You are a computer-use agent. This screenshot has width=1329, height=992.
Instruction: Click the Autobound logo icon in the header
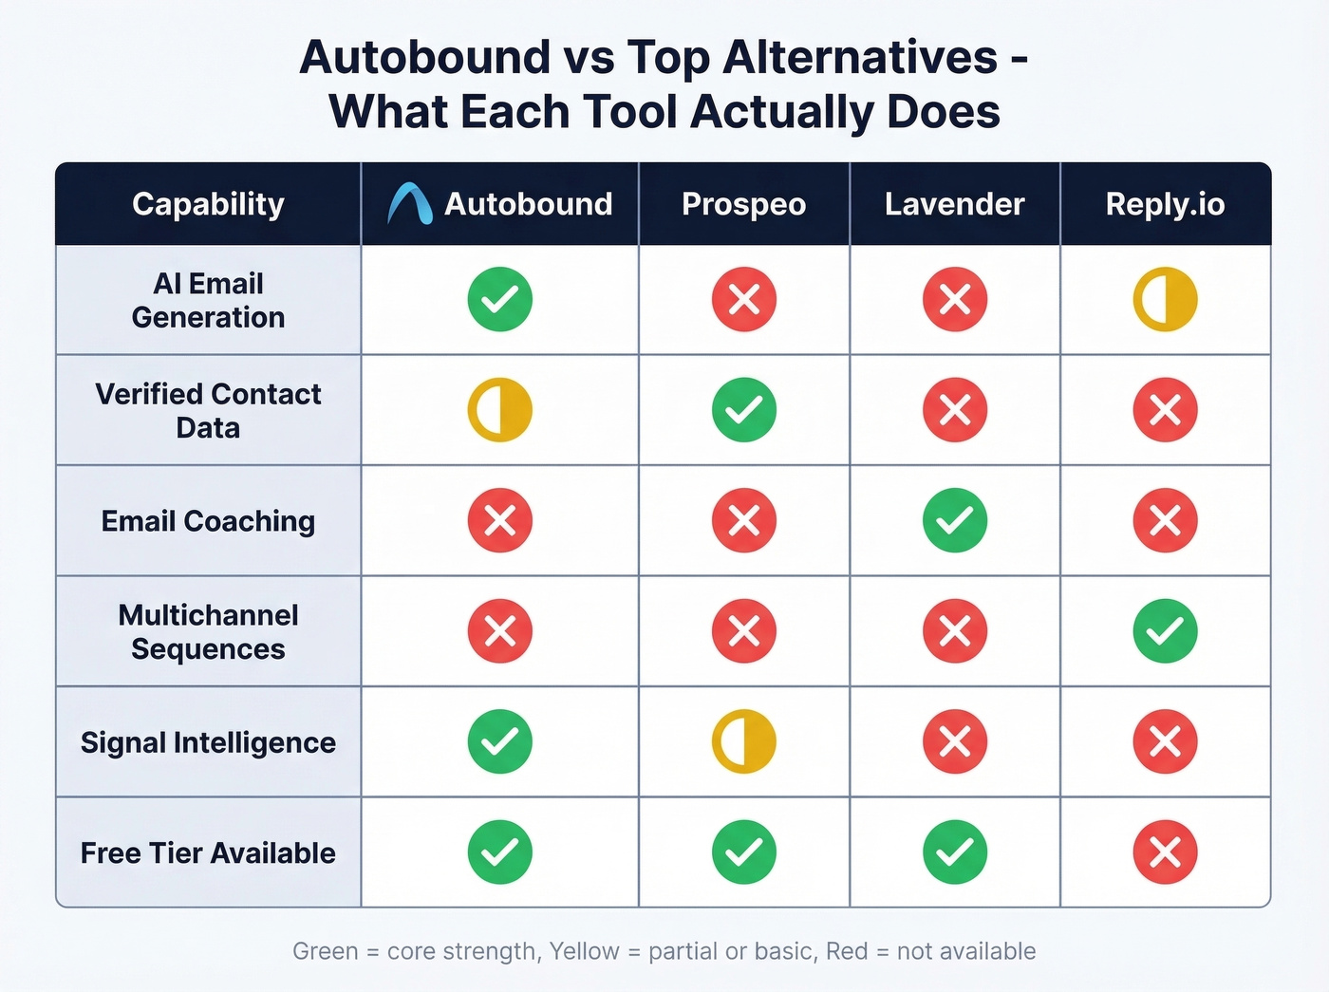pos(410,203)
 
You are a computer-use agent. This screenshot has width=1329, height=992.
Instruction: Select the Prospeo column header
pos(743,204)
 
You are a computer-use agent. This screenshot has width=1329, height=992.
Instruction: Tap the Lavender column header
pos(954,204)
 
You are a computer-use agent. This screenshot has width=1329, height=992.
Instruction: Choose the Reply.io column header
pos(1165,204)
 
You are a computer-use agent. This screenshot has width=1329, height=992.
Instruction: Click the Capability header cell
pos(208,204)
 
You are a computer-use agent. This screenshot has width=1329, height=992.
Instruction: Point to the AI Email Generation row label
pos(208,300)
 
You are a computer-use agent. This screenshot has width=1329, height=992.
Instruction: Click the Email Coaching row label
pos(208,521)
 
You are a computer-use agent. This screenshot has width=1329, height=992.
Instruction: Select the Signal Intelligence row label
pos(208,742)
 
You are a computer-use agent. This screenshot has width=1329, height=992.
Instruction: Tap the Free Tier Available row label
pos(208,853)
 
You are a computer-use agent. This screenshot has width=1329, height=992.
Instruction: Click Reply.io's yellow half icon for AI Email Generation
pos(1165,299)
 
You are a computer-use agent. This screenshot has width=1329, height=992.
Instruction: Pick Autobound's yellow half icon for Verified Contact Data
pos(499,410)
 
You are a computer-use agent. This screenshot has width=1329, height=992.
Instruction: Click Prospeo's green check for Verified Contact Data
pos(743,410)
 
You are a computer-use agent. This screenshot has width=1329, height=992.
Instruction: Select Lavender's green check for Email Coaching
pos(954,520)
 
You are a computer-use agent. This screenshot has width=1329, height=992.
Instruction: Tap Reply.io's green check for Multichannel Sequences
pos(1165,631)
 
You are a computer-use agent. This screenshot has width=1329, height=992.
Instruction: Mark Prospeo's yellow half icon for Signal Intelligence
pos(743,741)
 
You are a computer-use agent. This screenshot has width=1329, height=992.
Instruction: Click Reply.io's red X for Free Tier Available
pos(1165,852)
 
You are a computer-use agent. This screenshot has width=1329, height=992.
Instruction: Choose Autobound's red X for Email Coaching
pos(499,520)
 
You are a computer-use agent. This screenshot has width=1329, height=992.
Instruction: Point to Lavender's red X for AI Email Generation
pos(954,299)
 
